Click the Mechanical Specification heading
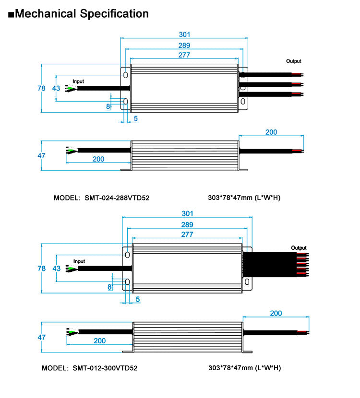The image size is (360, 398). tap(82, 13)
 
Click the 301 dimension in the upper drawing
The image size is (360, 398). tap(185, 35)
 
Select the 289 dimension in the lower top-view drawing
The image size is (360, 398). tap(187, 224)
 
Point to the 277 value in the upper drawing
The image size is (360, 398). tap(185, 55)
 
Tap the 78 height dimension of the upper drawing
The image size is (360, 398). tap(41, 88)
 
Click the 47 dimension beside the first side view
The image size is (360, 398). tap(41, 156)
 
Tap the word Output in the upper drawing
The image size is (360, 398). tap(294, 61)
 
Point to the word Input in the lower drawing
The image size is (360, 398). tap(79, 261)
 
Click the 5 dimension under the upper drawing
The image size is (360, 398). tap(136, 118)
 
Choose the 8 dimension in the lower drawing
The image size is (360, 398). tap(109, 287)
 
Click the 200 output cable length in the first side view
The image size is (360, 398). tap(271, 132)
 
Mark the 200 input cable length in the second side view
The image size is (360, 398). tap(99, 341)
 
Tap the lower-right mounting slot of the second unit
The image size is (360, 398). tap(247, 283)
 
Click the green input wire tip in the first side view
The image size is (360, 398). tap(71, 152)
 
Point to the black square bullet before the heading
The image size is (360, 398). tap(11, 14)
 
